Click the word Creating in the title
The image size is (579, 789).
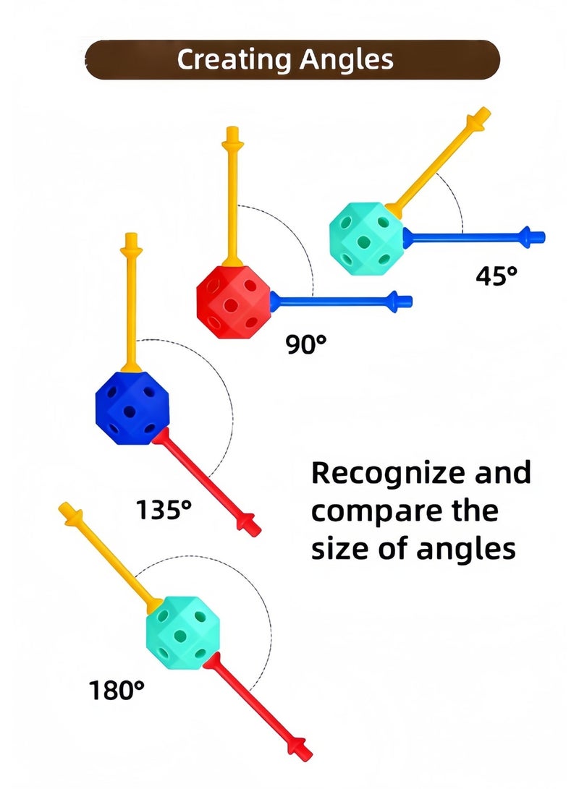click(x=234, y=60)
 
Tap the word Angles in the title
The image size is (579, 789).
click(x=347, y=60)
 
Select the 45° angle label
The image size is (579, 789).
click(x=496, y=276)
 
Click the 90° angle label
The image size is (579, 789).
click(x=306, y=344)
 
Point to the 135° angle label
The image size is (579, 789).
click(x=164, y=510)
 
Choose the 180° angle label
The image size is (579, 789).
click(x=117, y=691)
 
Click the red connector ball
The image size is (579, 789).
click(x=234, y=301)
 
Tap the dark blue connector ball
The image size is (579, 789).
click(x=132, y=408)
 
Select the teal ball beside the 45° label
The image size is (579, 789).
click(x=367, y=239)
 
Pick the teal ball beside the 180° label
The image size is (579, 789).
click(x=183, y=633)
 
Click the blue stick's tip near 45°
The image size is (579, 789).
click(x=544, y=236)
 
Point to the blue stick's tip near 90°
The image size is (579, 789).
click(x=410, y=302)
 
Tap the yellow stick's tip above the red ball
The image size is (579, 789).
click(x=232, y=128)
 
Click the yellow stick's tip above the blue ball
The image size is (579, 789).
click(x=132, y=234)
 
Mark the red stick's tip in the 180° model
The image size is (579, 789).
click(x=308, y=756)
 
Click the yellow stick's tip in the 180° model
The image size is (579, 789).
click(x=62, y=506)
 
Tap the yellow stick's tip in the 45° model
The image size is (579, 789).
click(x=486, y=110)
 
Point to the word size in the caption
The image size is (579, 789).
click(x=340, y=548)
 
